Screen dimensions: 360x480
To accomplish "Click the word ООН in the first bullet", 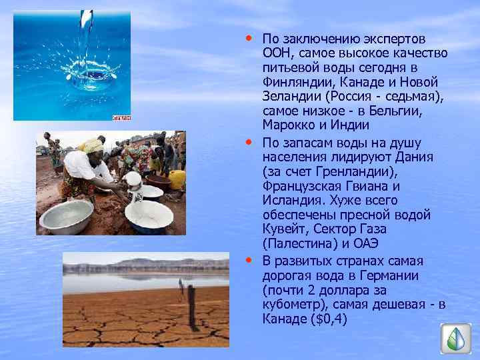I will [275, 53].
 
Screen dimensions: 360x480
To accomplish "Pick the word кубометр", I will [289, 305].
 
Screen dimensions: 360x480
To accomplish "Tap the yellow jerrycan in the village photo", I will [177, 179].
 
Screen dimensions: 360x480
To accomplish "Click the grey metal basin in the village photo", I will [67, 215].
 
